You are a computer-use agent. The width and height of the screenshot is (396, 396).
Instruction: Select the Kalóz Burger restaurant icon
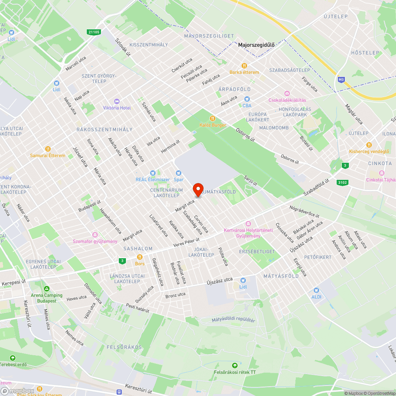point(213,118)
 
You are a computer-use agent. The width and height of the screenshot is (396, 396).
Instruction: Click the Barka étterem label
point(244,72)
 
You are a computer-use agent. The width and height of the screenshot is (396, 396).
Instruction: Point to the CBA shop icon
point(247,99)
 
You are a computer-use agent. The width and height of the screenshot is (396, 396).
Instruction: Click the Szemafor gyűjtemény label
point(95,242)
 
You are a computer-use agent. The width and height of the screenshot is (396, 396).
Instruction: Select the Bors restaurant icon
point(139,257)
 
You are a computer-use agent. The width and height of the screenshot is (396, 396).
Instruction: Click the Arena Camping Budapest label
point(47,298)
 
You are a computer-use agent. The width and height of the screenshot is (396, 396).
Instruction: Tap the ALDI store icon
point(316,290)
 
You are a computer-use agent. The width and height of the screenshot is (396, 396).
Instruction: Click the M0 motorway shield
point(341,80)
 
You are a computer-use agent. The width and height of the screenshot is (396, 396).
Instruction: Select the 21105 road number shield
point(94,32)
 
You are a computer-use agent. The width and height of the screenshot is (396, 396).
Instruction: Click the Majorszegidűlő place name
point(256,45)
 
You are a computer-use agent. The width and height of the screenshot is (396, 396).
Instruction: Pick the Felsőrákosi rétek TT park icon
point(235,365)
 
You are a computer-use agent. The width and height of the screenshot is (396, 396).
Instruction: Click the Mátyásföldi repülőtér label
point(233,320)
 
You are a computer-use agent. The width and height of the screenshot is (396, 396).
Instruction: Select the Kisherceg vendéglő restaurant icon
point(369,145)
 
